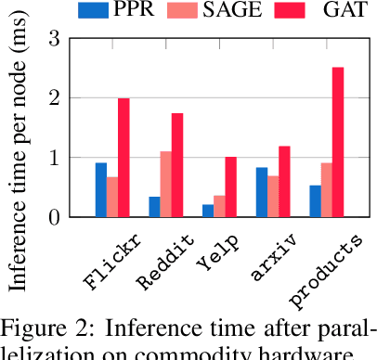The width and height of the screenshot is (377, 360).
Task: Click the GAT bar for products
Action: coord(338,142)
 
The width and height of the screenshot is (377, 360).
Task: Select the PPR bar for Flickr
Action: coord(100,189)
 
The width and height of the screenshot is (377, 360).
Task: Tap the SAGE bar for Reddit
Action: coord(165,184)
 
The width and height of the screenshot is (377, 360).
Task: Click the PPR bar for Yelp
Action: coord(206,211)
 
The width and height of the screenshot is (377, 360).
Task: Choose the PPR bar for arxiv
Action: coord(261,192)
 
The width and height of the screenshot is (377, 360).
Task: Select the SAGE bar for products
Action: coord(326,189)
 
